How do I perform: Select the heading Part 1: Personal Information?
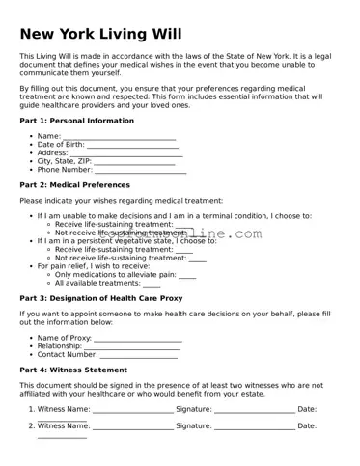click(77, 121)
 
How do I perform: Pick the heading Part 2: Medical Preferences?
click(74, 184)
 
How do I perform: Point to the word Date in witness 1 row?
click(307, 409)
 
